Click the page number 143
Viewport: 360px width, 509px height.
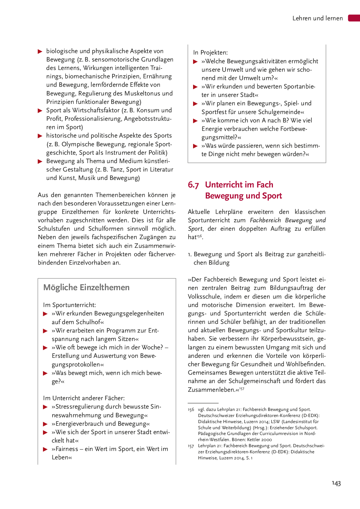click(336, 483)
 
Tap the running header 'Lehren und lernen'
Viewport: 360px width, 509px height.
click(317, 18)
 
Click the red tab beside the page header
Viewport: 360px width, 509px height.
click(354, 18)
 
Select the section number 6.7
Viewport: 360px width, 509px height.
click(193, 185)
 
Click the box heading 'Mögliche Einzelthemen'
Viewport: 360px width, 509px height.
click(86, 287)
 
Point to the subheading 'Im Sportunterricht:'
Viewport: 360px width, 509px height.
click(69, 305)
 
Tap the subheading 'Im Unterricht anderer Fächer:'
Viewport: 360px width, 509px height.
click(84, 398)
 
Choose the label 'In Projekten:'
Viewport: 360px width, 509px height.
click(210, 53)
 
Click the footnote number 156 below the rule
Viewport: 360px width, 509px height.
click(191, 409)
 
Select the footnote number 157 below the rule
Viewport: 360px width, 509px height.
click(191, 446)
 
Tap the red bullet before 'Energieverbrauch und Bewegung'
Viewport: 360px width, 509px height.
click(45, 424)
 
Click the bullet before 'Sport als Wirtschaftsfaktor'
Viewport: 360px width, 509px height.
click(40, 111)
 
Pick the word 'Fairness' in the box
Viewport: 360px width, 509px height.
click(66, 449)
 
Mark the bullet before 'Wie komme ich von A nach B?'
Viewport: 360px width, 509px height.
click(195, 121)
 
